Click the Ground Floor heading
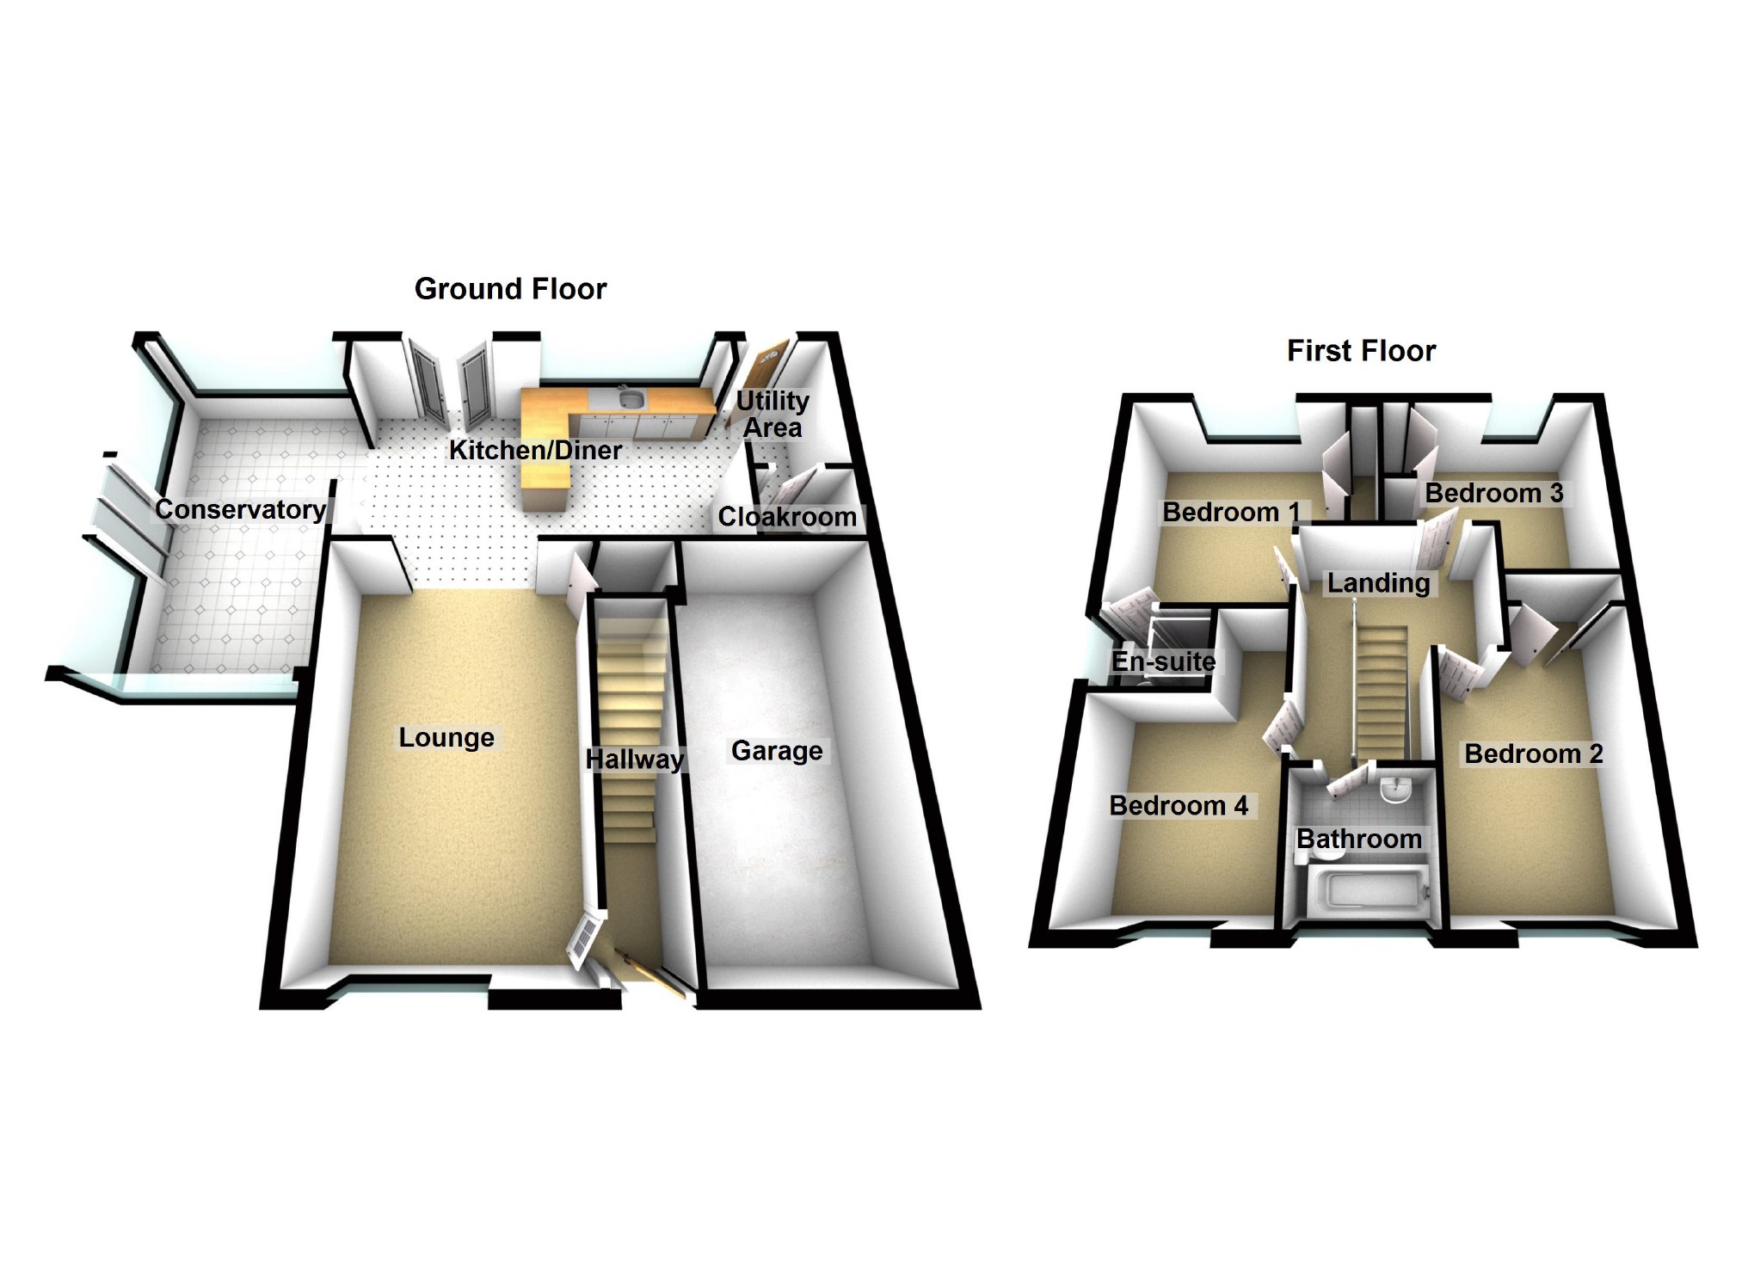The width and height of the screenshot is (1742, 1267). tap(510, 289)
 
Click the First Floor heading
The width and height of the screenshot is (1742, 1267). tap(1361, 351)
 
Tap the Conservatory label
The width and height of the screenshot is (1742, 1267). tap(240, 509)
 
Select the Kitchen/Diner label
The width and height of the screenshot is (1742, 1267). tap(535, 450)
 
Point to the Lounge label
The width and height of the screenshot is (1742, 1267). tap(446, 737)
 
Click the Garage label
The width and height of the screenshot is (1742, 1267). tap(777, 751)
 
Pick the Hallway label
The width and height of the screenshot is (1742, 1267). tap(634, 759)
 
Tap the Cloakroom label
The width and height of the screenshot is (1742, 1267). tap(787, 517)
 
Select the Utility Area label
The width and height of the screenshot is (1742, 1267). tap(773, 414)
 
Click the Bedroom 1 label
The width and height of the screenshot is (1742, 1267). tap(1231, 513)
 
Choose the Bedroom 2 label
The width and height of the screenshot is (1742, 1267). tap(1534, 754)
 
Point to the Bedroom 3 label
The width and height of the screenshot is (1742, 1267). tap(1494, 493)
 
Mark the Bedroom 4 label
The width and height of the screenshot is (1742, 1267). tap(1179, 806)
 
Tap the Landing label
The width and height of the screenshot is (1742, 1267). tap(1378, 583)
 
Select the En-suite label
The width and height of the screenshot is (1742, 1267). tap(1163, 661)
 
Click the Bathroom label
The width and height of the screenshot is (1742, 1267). tap(1359, 839)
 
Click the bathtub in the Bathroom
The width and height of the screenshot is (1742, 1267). tap(1368, 890)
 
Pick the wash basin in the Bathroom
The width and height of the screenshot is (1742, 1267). tap(1395, 790)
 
